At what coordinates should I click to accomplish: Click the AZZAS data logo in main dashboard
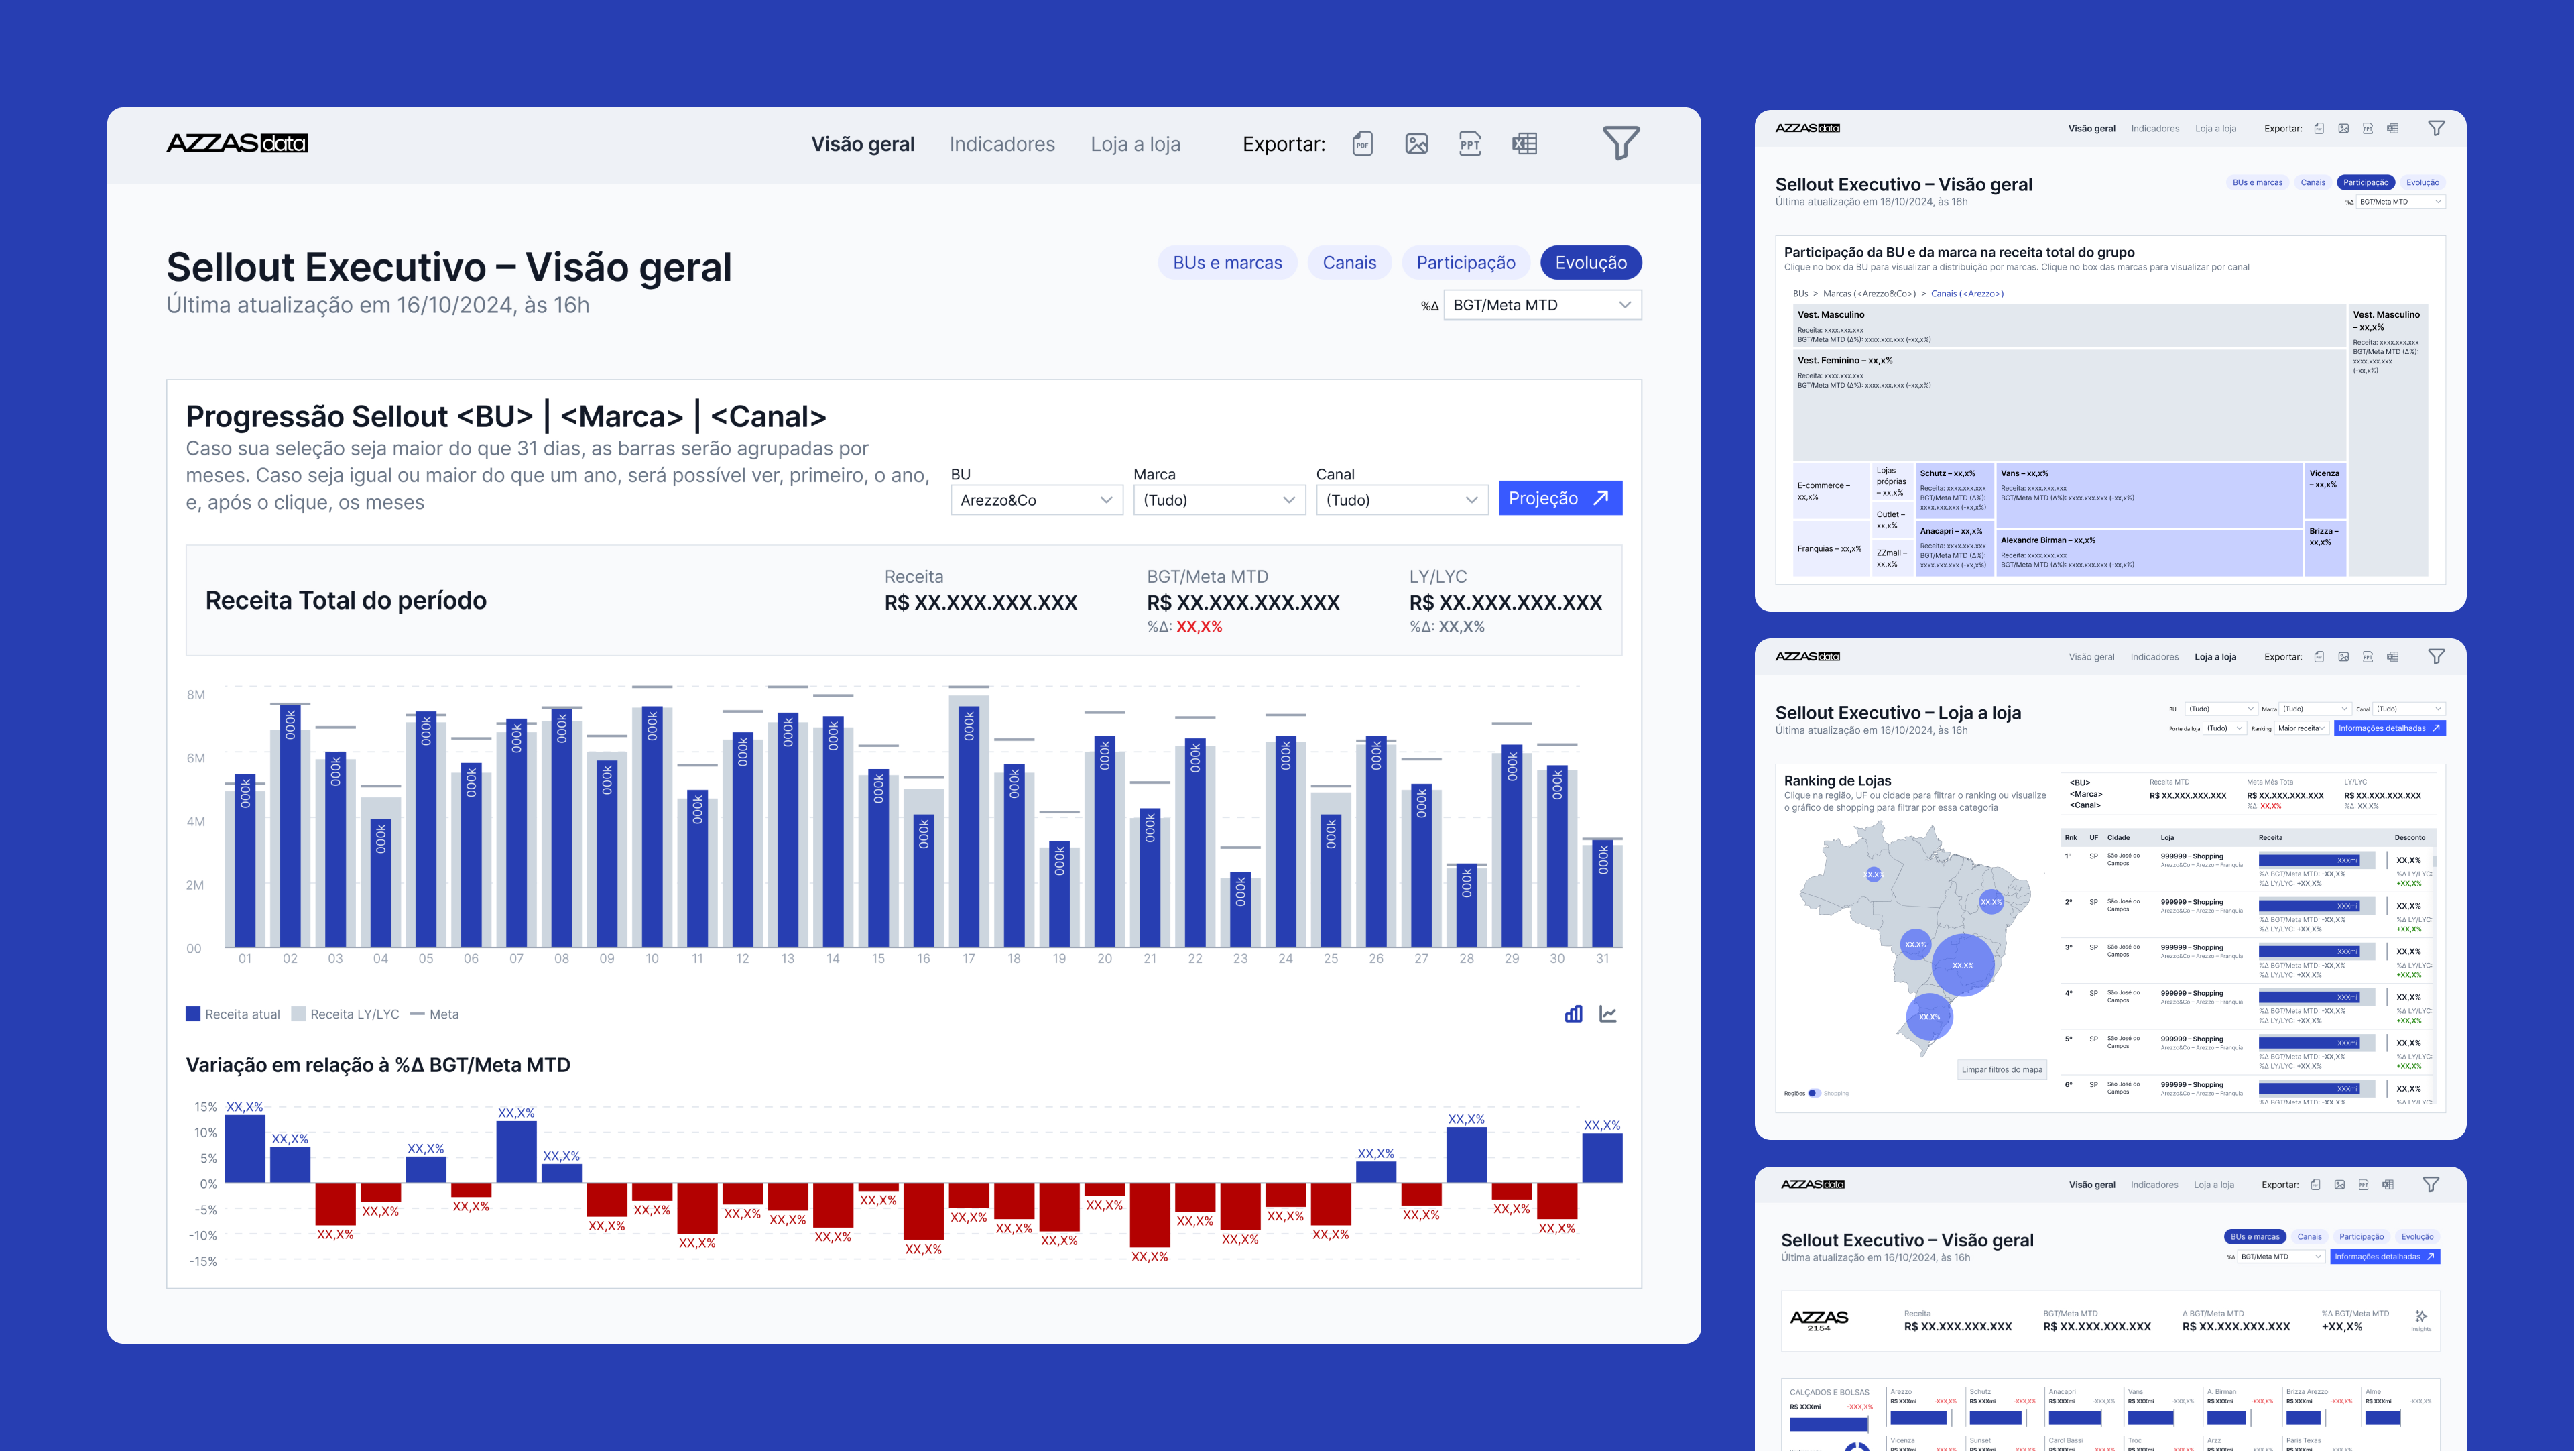coord(237,143)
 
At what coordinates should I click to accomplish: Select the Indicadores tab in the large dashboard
coord(1001,144)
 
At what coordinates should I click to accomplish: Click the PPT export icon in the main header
coord(1469,144)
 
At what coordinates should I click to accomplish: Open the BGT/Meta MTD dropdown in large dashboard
coord(1541,305)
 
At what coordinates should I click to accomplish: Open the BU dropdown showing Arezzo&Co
coord(1035,500)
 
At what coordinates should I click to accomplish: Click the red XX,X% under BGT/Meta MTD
coord(1199,626)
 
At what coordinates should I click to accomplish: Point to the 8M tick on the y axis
coord(196,695)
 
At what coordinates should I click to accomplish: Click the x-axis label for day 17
coord(968,958)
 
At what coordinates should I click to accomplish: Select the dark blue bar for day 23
coord(1240,909)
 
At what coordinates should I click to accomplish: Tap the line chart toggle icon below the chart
coord(1608,1014)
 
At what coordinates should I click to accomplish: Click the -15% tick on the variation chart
coord(204,1261)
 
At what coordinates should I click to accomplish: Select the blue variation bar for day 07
coord(515,1151)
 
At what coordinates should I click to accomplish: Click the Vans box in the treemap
coord(2148,495)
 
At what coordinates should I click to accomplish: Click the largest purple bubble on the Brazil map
coord(1963,964)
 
